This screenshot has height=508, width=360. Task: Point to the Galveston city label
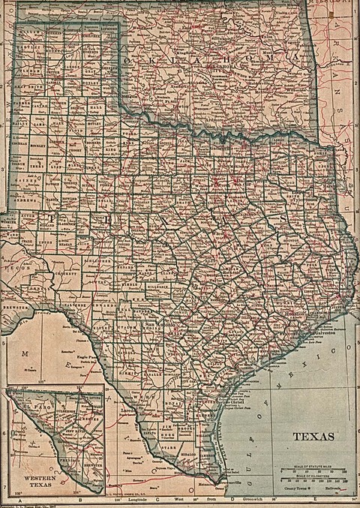point(322,338)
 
